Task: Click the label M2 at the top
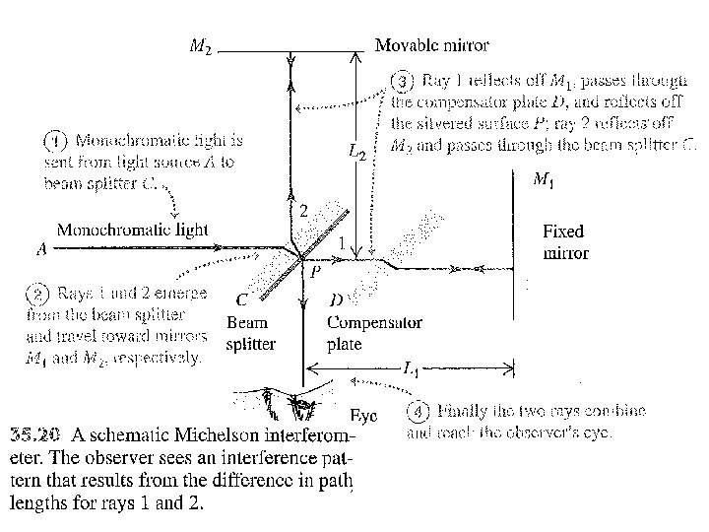pos(200,46)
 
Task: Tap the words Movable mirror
pos(431,45)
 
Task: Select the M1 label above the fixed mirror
pos(543,179)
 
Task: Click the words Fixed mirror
pos(565,242)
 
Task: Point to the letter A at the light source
pos(41,249)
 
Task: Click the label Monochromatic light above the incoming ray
pos(133,230)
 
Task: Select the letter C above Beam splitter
pos(241,299)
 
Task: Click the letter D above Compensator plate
pos(336,299)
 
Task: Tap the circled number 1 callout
pos(59,139)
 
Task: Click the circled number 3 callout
pos(403,81)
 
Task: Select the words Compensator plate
pos(374,334)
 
